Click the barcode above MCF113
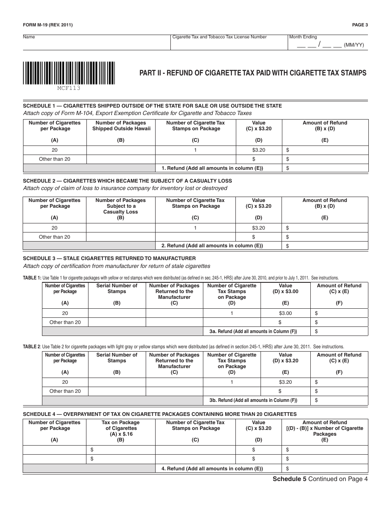(69, 73)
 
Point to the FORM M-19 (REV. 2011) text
(48, 25)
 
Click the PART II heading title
(253, 73)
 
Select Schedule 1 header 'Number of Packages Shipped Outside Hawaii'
(121, 126)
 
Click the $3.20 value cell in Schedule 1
(258, 150)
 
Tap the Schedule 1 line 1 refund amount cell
(325, 168)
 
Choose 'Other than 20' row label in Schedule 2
(54, 237)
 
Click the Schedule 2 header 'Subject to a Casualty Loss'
(121, 206)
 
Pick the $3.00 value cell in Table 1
(285, 313)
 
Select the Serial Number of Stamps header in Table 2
(117, 358)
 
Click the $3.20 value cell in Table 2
(285, 382)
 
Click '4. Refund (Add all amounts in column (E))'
(212, 469)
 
